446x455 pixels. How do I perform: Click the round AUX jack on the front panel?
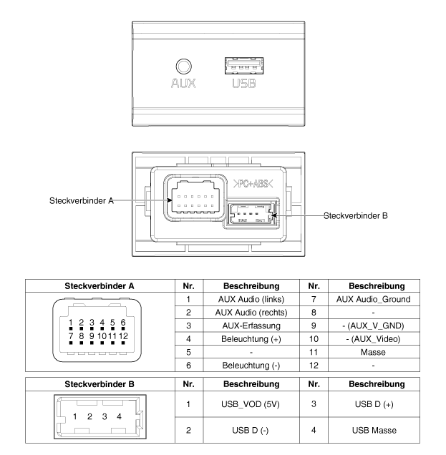click(185, 66)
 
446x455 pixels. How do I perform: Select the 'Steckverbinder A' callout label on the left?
click(81, 201)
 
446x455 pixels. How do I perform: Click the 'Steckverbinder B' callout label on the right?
click(356, 215)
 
